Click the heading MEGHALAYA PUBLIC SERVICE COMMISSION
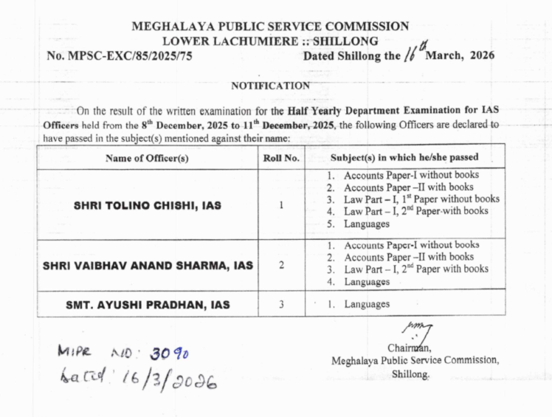point(269,27)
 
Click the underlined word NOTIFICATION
point(271,86)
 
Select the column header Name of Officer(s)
point(147,157)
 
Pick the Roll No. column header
point(281,157)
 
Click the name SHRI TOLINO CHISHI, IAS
point(147,205)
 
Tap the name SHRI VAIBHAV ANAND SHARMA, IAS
point(147,265)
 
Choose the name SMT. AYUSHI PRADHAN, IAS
point(147,304)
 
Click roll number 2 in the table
point(281,264)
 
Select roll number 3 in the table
point(281,304)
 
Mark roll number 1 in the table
point(281,205)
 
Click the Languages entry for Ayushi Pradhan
point(366,304)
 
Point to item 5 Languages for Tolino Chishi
point(366,223)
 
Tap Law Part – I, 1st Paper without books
point(421,199)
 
